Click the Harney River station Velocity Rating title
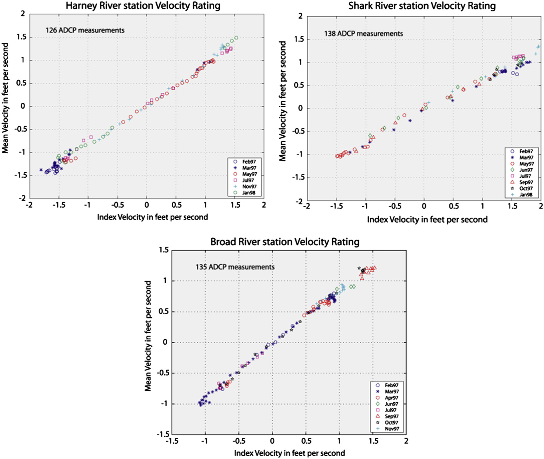(x=143, y=6)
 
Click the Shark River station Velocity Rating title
(x=422, y=6)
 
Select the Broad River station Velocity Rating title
(x=285, y=242)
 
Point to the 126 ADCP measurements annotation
(x=85, y=30)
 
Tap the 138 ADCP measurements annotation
(x=364, y=34)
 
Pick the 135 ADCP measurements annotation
(x=235, y=267)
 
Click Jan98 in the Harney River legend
(x=249, y=193)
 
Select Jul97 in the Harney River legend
(x=248, y=180)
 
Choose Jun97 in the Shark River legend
(x=526, y=170)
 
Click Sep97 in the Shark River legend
(x=526, y=182)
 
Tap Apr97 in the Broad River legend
(x=391, y=398)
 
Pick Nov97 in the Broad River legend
(x=392, y=429)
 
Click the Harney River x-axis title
(x=152, y=217)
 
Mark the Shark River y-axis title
(x=283, y=101)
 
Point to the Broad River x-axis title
(x=289, y=453)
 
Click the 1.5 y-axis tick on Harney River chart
(x=21, y=37)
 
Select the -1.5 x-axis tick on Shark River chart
(x=336, y=206)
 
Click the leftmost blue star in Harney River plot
(x=41, y=170)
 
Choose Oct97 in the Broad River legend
(x=391, y=423)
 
